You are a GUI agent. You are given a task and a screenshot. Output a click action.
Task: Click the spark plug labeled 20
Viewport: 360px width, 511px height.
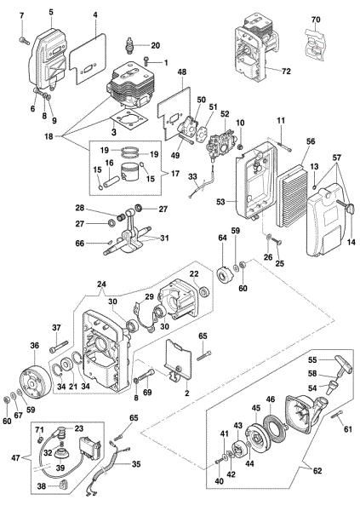tap(131, 44)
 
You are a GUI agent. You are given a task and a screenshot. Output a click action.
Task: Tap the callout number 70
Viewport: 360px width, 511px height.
tap(316, 18)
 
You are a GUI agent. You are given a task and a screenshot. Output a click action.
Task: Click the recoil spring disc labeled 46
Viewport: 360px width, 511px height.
tap(276, 422)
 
